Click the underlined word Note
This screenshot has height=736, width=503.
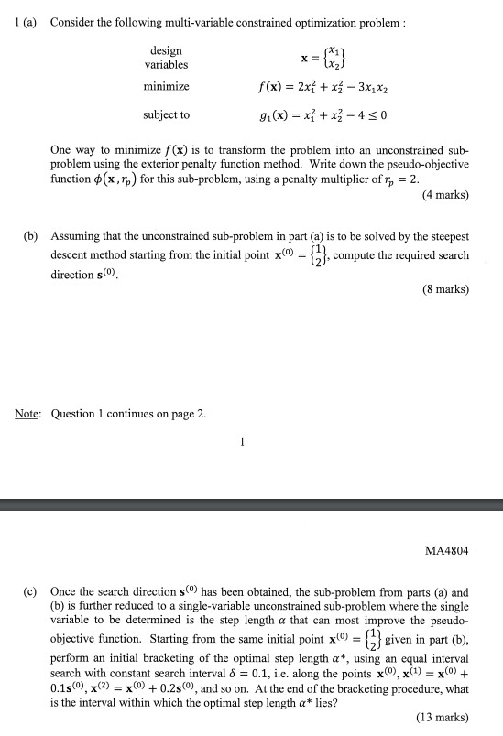click(26, 413)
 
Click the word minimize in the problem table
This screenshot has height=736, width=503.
click(166, 86)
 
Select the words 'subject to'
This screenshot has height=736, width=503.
click(166, 115)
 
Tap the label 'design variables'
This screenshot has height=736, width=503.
click(166, 58)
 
